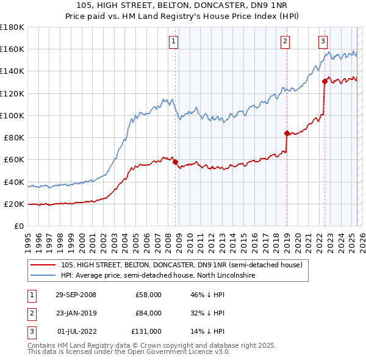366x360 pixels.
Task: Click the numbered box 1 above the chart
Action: click(174, 41)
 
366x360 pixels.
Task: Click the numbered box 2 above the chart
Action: click(285, 41)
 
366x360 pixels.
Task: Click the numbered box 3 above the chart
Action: click(323, 41)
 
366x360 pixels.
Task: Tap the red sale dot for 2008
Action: click(176, 162)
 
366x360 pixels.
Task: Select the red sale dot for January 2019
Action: click(287, 133)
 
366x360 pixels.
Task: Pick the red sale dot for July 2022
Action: click(325, 81)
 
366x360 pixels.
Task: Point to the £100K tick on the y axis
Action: click(12, 115)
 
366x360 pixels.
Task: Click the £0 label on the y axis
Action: click(18, 226)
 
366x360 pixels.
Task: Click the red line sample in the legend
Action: click(43, 265)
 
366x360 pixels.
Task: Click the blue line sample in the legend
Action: click(43, 276)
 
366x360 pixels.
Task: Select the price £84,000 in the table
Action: click(148, 313)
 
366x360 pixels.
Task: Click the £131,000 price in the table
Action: click(146, 331)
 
